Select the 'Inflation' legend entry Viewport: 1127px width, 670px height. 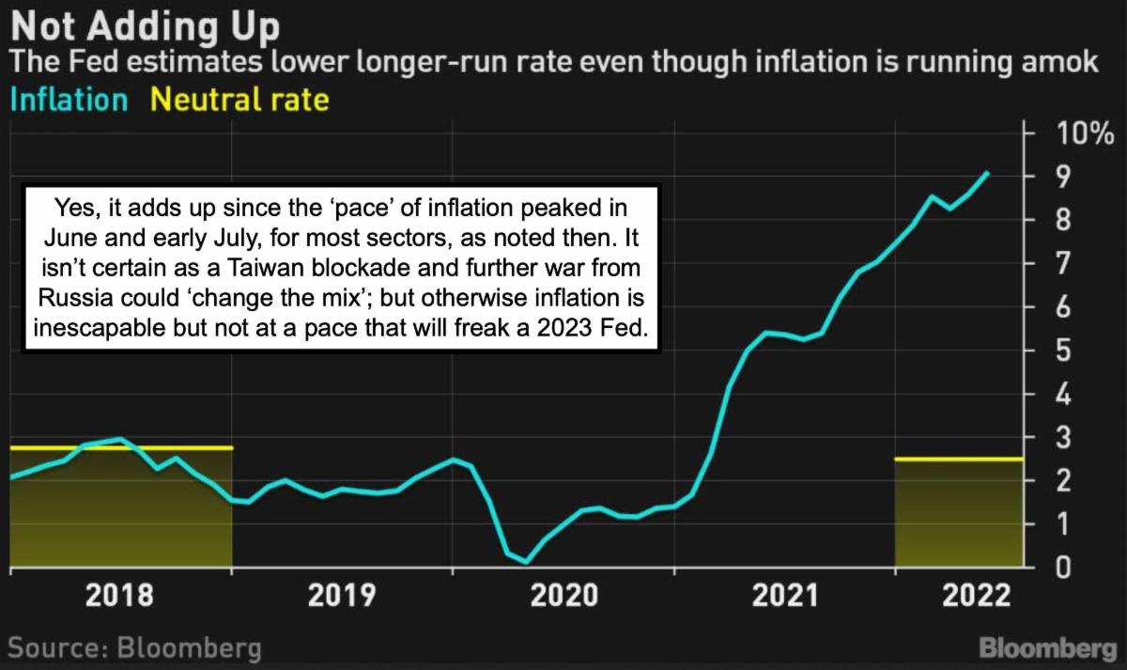tap(68, 100)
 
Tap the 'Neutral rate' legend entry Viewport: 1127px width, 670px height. tap(239, 100)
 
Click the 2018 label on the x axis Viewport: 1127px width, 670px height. tap(120, 596)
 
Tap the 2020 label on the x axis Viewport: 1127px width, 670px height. tap(564, 596)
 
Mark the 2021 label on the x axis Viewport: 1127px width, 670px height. tap(784, 596)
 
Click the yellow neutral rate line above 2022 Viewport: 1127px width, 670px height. tap(958, 459)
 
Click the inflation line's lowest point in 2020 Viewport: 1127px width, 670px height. tap(526, 562)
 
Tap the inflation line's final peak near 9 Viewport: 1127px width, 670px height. tap(986, 173)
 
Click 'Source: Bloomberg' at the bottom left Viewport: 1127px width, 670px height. tap(134, 648)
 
